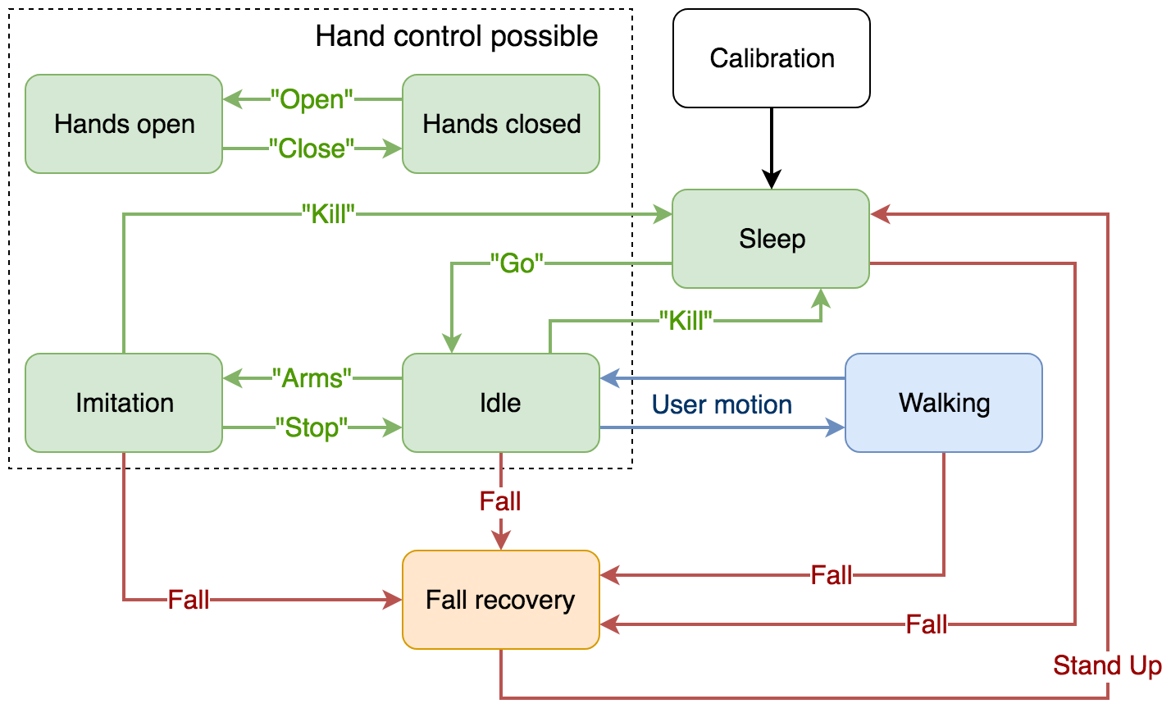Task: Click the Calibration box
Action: click(771, 58)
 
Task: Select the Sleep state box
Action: click(771, 239)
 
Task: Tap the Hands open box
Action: click(124, 124)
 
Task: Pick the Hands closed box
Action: click(501, 124)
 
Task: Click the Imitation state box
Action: click(124, 403)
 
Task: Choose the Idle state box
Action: click(501, 403)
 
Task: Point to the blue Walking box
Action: click(944, 403)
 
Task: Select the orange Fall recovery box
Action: click(501, 600)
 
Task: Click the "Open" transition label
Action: click(312, 99)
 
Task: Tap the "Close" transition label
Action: click(312, 149)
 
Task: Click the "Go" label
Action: click(517, 263)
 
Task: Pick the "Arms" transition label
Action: click(312, 378)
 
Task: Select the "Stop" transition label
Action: click(312, 427)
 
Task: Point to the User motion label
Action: click(722, 404)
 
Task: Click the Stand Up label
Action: click(1107, 665)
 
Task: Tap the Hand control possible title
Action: click(457, 36)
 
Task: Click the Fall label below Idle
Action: click(500, 501)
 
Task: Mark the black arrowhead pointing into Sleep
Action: click(772, 180)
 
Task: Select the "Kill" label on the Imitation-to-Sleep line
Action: click(328, 214)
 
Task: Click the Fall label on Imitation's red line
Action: click(189, 600)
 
